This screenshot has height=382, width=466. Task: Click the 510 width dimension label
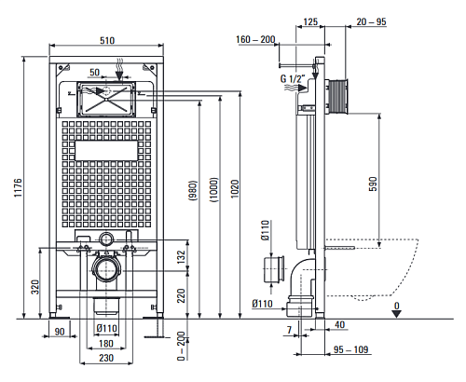(107, 40)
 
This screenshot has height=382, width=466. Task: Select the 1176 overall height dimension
(18, 187)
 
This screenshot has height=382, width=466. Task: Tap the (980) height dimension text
(193, 190)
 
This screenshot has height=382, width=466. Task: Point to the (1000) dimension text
(214, 190)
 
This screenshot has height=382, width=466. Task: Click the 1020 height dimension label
(235, 189)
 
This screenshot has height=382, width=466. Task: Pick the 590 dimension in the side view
(373, 184)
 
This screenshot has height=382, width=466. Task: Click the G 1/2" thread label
(293, 78)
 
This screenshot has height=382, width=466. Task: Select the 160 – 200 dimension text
(255, 39)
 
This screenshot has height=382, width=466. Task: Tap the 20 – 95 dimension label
(371, 21)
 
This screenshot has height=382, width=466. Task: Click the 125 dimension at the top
(310, 21)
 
